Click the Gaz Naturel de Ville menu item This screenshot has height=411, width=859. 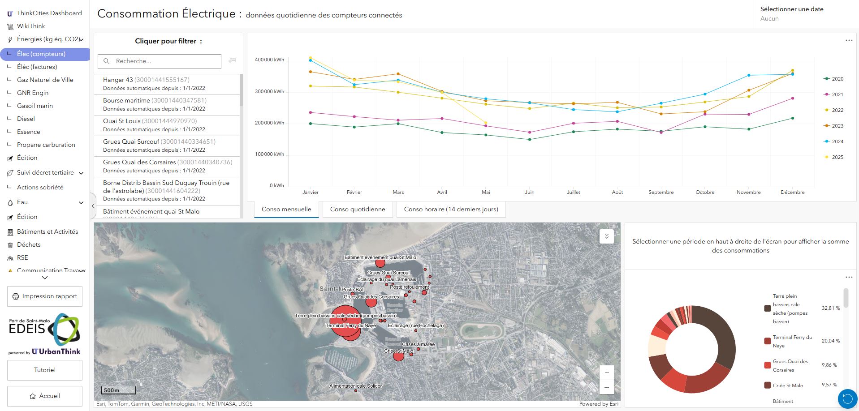[x=45, y=80]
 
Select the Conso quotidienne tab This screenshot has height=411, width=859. [x=357, y=209]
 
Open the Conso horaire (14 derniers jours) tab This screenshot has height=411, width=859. [x=451, y=209]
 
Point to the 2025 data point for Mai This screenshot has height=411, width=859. [x=486, y=123]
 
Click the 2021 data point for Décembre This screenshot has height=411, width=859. [x=793, y=98]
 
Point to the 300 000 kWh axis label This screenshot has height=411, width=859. [x=269, y=91]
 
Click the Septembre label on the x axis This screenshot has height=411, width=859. [x=661, y=192]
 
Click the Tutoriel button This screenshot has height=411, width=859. [x=45, y=370]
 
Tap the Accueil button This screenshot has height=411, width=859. [x=45, y=396]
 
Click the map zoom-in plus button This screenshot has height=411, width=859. [x=607, y=372]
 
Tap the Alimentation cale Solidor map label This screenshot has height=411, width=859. [x=355, y=386]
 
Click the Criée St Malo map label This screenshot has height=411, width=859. [x=398, y=351]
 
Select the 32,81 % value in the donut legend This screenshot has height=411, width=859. [x=830, y=308]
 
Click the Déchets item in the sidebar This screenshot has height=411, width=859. [x=29, y=244]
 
